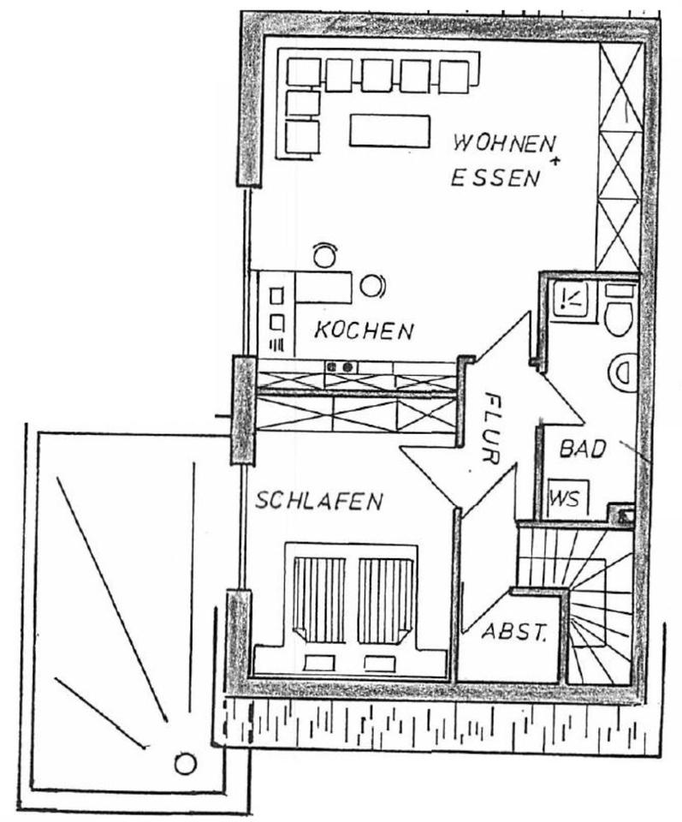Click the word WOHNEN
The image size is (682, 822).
[504, 143]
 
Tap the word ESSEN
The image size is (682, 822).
[496, 177]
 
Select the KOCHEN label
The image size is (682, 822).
[364, 330]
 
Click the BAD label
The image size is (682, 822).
[583, 449]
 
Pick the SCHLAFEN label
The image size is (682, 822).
[318, 501]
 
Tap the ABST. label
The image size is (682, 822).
[514, 634]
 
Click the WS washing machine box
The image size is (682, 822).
[564, 497]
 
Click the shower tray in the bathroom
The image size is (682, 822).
[570, 299]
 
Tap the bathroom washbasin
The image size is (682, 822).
[623, 372]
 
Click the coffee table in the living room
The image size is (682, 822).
[388, 130]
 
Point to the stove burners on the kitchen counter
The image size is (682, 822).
[340, 367]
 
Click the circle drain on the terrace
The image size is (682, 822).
[186, 762]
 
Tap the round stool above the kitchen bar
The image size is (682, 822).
[324, 254]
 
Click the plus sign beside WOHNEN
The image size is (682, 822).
[557, 160]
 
